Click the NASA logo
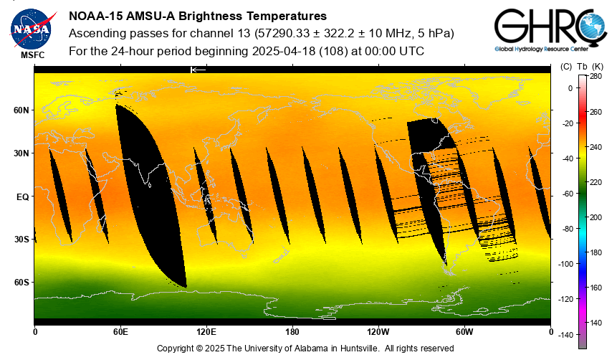click(x=31, y=27)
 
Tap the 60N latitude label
click(x=21, y=110)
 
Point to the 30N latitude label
click(x=21, y=153)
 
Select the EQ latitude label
click(x=22, y=196)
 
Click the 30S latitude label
click(x=21, y=240)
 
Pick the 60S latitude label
click(x=21, y=283)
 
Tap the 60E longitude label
click(x=120, y=331)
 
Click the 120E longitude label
click(x=206, y=331)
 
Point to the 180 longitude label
click(x=292, y=331)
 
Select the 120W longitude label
click(x=378, y=331)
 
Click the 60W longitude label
click(x=464, y=331)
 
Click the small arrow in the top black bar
click(x=197, y=70)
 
